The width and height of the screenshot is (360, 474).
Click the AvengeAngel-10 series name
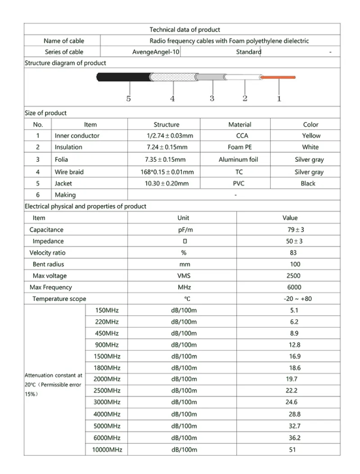pyautogui.click(x=156, y=52)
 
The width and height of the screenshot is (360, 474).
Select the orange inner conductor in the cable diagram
pyautogui.click(x=279, y=77)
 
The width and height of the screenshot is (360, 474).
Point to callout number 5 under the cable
pyautogui.click(x=128, y=99)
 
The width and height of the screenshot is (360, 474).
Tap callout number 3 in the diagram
pyautogui.click(x=211, y=98)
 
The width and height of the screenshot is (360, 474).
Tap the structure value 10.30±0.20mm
pyautogui.click(x=166, y=184)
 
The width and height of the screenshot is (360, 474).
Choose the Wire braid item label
pyautogui.click(x=67, y=172)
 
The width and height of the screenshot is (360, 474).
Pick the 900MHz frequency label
pyautogui.click(x=107, y=345)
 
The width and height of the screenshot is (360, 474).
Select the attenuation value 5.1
pyautogui.click(x=294, y=310)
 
